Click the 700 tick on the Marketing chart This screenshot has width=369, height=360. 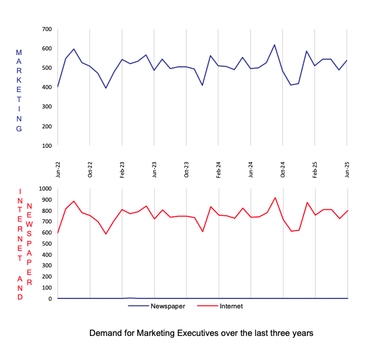pyautogui.click(x=47, y=29)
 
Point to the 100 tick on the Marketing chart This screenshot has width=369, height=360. pyautogui.click(x=47, y=145)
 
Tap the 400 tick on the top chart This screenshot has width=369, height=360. pyautogui.click(x=47, y=87)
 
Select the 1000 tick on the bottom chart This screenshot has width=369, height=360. pyautogui.click(x=45, y=189)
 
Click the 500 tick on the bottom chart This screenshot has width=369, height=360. pyautogui.click(x=47, y=243)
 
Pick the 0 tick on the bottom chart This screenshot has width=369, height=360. pyautogui.click(x=50, y=298)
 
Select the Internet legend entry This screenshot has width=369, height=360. pyautogui.click(x=230, y=306)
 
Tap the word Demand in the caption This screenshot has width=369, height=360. pyautogui.click(x=104, y=333)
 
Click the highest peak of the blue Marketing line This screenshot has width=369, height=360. pyautogui.click(x=275, y=45)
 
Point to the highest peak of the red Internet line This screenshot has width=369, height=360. pyautogui.click(x=275, y=198)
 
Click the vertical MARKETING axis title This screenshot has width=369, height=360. pyautogui.click(x=19, y=91)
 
